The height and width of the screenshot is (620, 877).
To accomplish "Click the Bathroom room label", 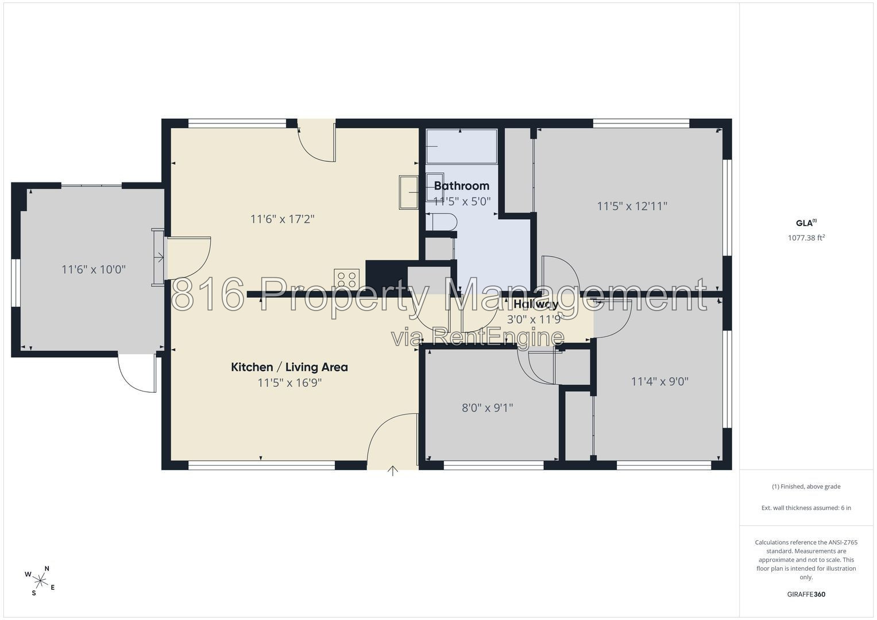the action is click(x=462, y=185).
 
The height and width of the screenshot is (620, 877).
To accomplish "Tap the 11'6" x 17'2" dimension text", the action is click(x=283, y=219).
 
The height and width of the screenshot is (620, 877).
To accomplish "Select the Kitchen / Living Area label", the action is click(x=289, y=367).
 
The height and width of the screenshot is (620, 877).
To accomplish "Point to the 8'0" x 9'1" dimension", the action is click(x=488, y=408).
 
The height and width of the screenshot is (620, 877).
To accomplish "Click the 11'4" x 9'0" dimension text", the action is click(x=660, y=381).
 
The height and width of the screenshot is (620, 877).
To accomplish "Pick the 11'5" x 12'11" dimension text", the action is click(x=632, y=206).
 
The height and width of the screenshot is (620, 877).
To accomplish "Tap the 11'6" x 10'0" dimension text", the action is click(x=94, y=269).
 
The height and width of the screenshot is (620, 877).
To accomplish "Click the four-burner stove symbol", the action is click(x=346, y=279).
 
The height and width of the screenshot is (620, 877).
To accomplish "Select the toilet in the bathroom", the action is click(x=441, y=222).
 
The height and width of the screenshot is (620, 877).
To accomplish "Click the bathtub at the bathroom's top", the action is click(x=462, y=146).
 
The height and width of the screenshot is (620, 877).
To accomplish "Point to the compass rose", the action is click(x=40, y=581).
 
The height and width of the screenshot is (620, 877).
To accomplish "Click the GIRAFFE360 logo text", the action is click(x=806, y=594).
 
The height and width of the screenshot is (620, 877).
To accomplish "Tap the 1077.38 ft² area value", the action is click(x=806, y=238).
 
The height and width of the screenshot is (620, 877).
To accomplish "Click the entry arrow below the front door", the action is click(x=393, y=471).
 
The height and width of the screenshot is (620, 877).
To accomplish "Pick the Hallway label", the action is click(x=536, y=304).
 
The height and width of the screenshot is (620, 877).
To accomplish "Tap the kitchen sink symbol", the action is click(x=409, y=192).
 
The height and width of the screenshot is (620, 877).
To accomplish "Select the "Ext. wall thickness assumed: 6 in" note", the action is click(x=806, y=507).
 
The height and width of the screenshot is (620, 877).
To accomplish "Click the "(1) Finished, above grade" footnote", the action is click(x=806, y=487).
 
